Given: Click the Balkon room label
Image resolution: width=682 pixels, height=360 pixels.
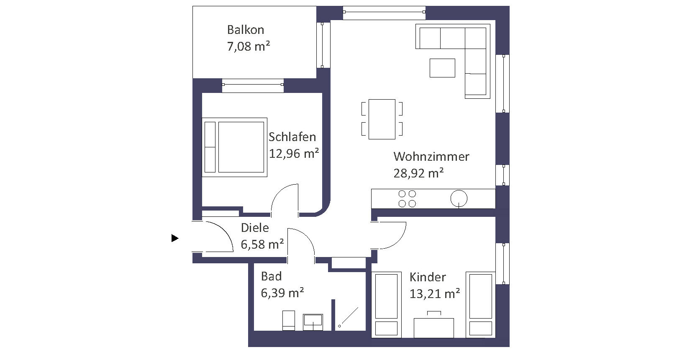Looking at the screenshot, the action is (x=246, y=30).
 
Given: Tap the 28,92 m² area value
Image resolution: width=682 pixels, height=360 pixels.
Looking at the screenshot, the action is (x=418, y=173).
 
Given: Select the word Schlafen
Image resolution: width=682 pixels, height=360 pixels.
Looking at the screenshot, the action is (x=292, y=137).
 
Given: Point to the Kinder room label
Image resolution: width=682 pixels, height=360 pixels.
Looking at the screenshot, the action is (x=428, y=277).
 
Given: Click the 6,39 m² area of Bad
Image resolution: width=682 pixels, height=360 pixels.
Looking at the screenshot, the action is (x=282, y=293).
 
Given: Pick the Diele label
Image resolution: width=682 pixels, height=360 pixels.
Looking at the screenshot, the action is (x=255, y=228).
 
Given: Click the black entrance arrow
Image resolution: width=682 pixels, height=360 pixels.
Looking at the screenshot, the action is (x=175, y=238).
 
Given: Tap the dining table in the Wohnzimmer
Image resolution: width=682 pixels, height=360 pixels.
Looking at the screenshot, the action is (x=382, y=119).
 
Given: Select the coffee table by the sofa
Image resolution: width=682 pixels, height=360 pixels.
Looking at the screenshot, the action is (x=442, y=68).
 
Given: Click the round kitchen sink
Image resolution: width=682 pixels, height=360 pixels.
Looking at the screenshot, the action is (x=459, y=198).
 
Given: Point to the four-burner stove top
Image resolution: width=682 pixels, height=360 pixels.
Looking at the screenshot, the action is (x=407, y=198).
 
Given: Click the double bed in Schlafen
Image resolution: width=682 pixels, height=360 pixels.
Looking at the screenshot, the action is (x=234, y=147).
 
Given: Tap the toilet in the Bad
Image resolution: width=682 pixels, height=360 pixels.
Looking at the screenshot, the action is (x=289, y=320).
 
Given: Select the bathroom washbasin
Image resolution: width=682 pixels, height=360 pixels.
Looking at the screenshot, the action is (x=313, y=322).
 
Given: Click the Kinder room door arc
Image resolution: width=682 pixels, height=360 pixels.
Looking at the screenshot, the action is (x=401, y=241).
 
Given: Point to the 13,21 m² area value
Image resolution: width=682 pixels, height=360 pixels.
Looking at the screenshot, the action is (x=434, y=294).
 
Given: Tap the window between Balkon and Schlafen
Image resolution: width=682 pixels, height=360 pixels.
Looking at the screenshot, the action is (x=253, y=85).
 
